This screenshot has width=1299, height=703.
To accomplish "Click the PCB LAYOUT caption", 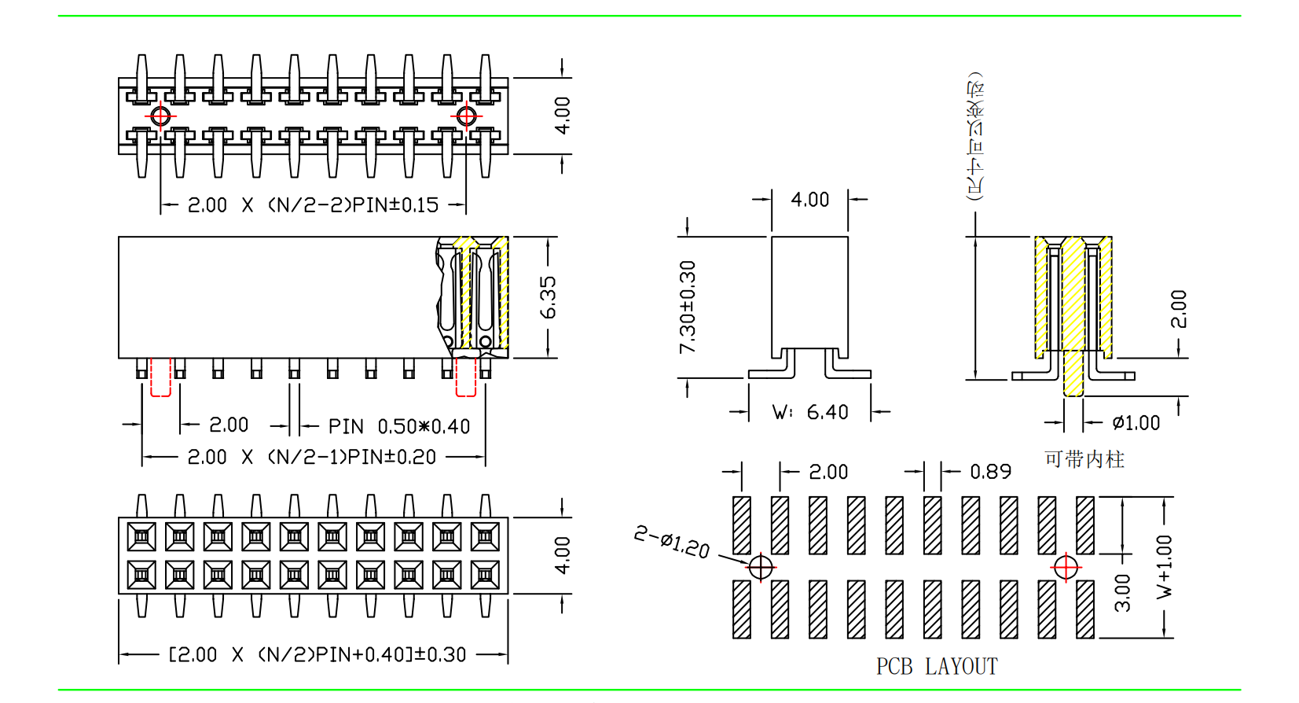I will click(937, 667).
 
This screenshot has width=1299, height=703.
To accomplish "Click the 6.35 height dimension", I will click(548, 297).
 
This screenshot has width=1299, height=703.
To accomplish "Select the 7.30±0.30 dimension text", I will click(688, 307).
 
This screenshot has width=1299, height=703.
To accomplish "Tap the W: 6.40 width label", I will click(810, 412).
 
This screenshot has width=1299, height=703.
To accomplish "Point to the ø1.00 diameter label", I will click(1136, 423).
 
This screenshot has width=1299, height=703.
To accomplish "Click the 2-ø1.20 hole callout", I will click(672, 543).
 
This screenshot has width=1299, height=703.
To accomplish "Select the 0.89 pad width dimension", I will click(990, 472).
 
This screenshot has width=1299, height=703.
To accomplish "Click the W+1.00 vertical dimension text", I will click(1164, 567).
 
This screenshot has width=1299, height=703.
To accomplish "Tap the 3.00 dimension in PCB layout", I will click(1123, 593).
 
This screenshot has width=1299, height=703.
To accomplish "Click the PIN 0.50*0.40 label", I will click(398, 426).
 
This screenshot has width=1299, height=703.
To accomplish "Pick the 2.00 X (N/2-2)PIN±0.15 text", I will click(313, 205).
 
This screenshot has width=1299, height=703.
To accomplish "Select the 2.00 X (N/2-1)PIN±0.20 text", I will click(311, 457).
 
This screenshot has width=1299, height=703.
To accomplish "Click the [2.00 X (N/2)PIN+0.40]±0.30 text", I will click(317, 654).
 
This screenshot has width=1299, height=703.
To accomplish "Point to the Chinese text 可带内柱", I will click(1084, 459).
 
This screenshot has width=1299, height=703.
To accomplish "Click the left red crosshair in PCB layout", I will click(761, 566).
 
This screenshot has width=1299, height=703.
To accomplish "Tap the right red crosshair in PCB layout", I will click(1066, 566).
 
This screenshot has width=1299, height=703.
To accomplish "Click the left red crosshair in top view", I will click(160, 116).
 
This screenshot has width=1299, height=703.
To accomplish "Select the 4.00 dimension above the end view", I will click(809, 200).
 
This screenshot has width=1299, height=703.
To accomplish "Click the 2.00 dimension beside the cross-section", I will click(1178, 309).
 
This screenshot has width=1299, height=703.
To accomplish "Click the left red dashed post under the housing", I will click(160, 377).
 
